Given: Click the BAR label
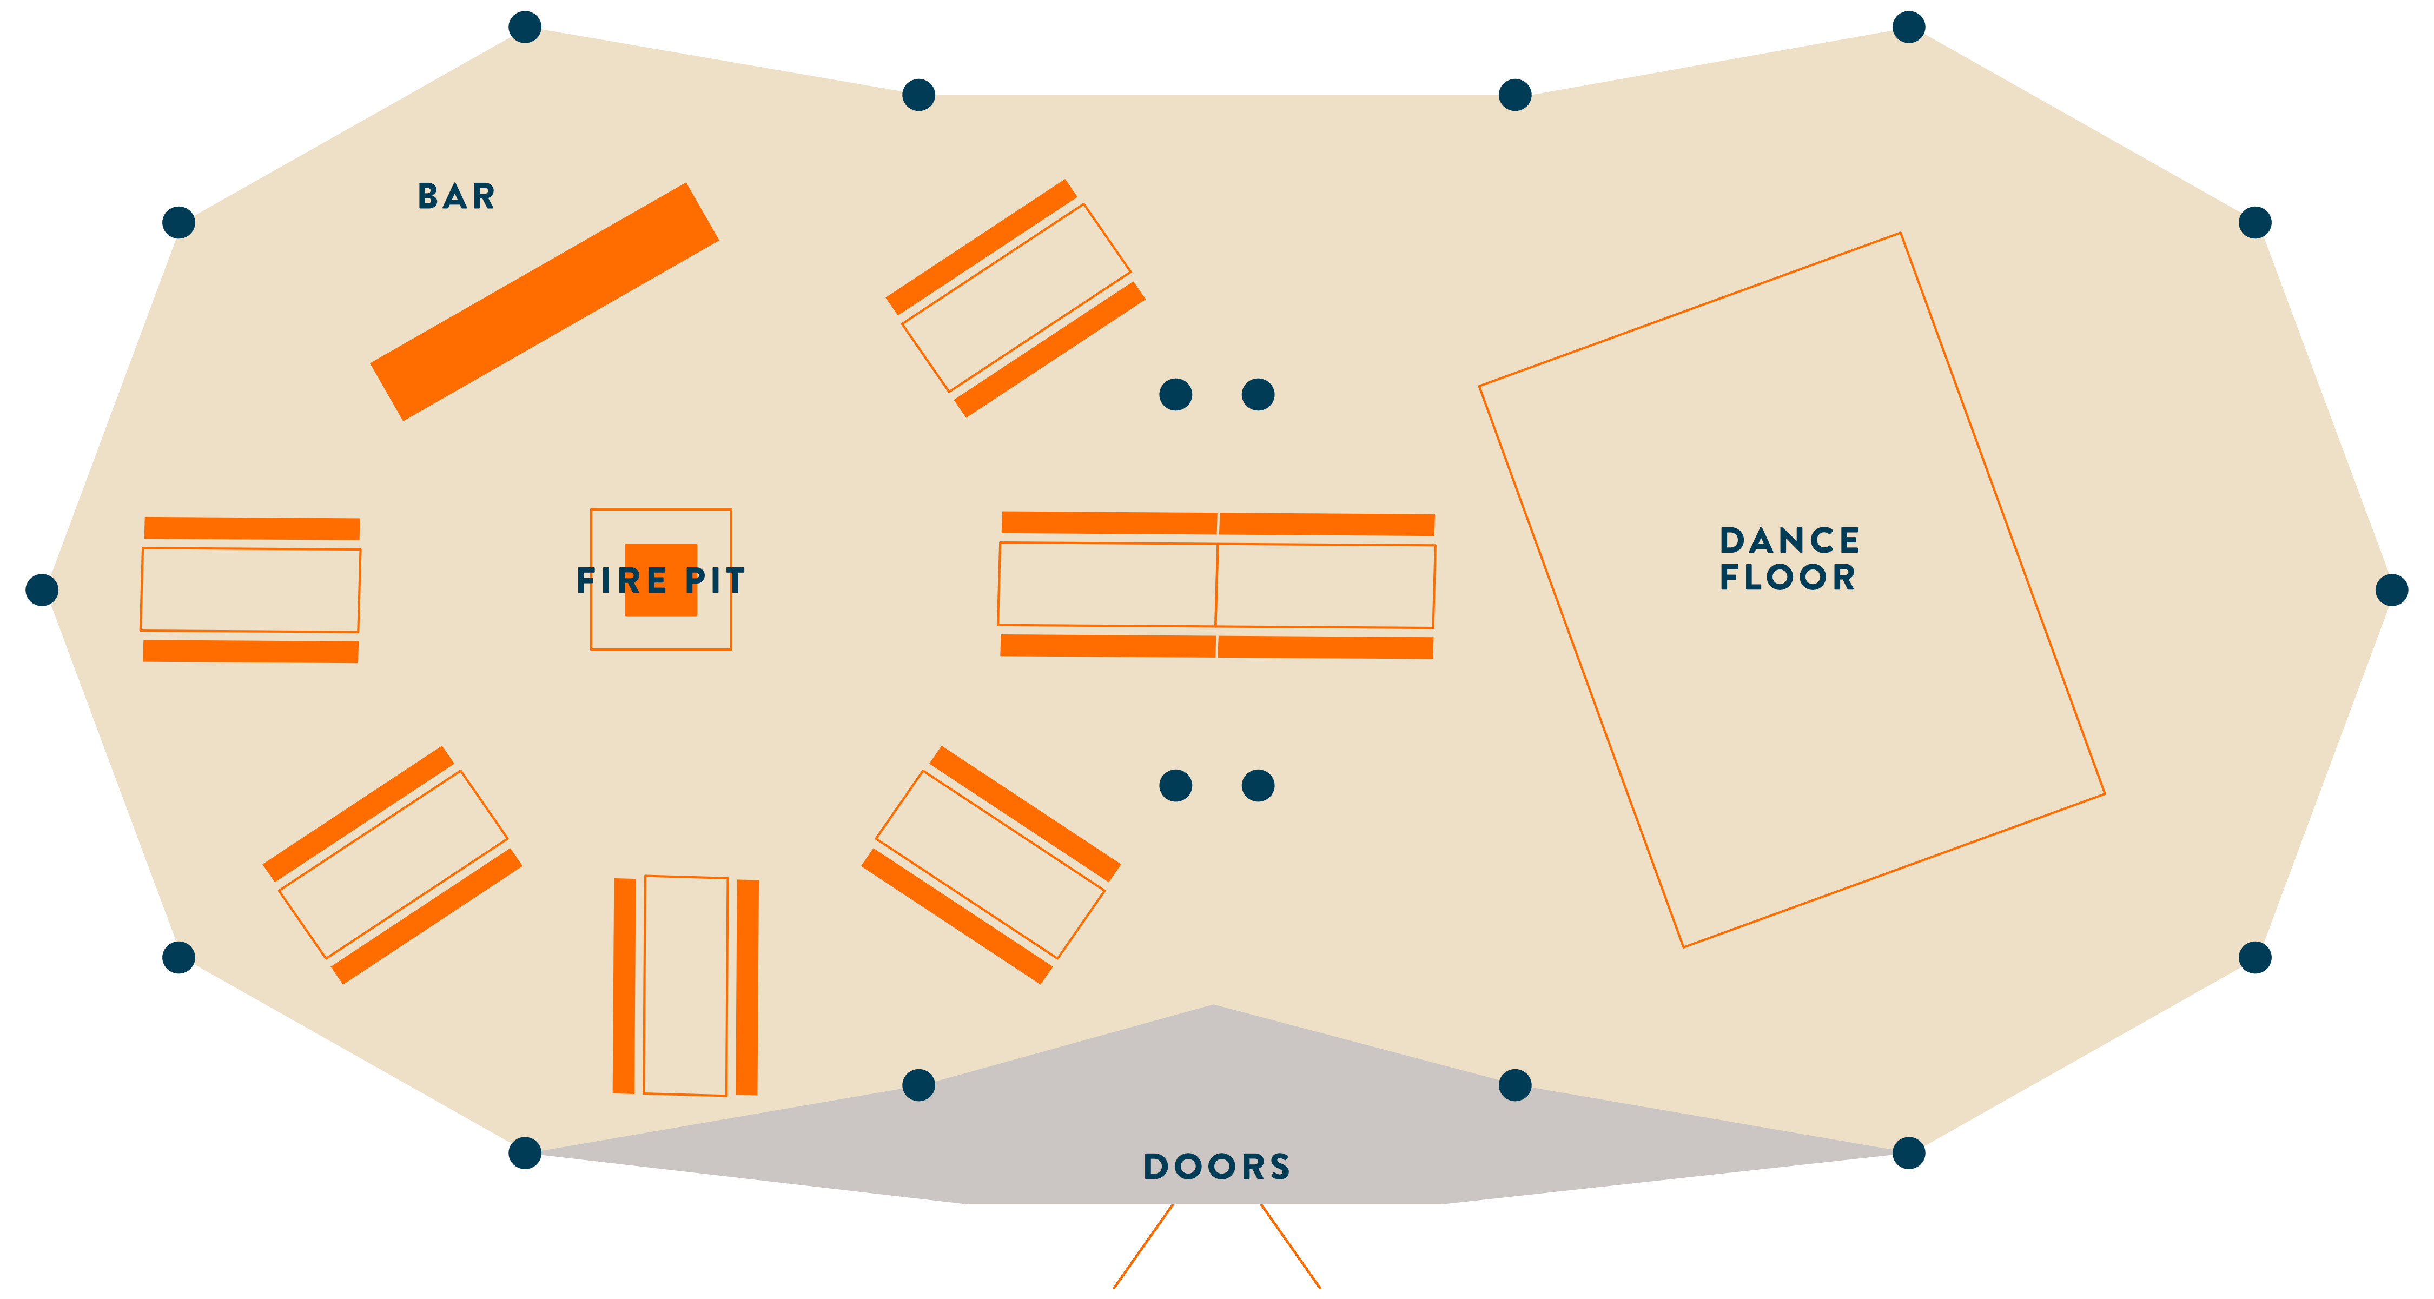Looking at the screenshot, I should click(457, 196).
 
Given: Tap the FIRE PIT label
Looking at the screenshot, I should click(660, 580).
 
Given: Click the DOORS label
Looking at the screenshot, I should click(1217, 1167).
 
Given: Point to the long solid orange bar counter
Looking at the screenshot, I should click(544, 301).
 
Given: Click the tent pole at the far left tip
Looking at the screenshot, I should click(42, 589).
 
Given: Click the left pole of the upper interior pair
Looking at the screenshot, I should click(1175, 394).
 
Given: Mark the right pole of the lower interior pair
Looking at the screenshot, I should click(1258, 785).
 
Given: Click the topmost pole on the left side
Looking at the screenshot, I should click(525, 26).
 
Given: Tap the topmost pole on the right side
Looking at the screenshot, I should click(1909, 26).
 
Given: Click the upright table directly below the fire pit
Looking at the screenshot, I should click(686, 985).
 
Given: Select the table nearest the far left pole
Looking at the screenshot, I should click(250, 589).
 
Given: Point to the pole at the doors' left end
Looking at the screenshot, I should click(525, 1152).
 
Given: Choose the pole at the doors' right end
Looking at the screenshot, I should click(1909, 1152).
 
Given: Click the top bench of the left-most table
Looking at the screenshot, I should click(252, 528).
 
